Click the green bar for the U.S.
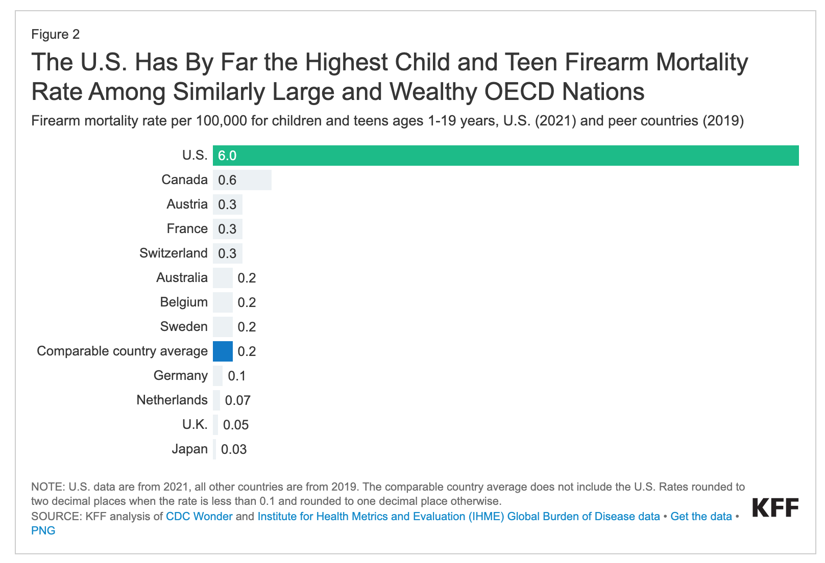pos(505,156)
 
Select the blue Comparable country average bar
pos(223,351)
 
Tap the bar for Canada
pos(242,180)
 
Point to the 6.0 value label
pos(227,156)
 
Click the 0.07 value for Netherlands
pos(238,400)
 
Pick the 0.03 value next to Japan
pos(234,449)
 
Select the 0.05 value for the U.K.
pos(236,425)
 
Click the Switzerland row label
pos(174,253)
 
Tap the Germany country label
pos(181,376)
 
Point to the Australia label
pos(182,278)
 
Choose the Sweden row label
pos(184,327)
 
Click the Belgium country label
pos(184,302)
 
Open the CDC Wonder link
pos(199,516)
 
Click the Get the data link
pos(701,516)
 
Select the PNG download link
pos(43,530)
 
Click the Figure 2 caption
pos(56,34)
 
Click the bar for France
pos(228,229)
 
